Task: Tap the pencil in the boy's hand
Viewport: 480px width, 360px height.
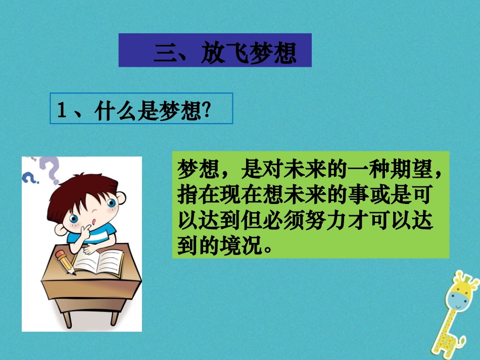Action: tap(66, 262)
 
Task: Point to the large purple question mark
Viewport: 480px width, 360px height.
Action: tap(51, 168)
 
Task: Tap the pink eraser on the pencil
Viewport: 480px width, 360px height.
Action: tap(60, 254)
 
